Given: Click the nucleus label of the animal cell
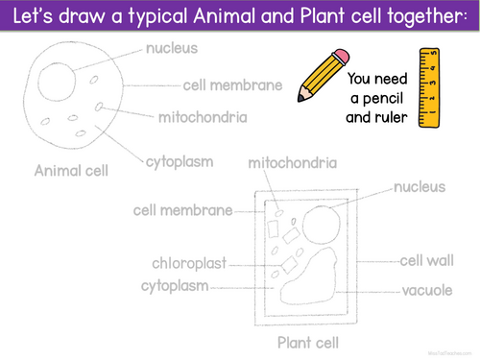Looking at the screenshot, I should coord(171,47).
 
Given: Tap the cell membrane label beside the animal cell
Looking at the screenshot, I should coord(233,85).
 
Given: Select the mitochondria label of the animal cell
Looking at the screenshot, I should coord(203,118).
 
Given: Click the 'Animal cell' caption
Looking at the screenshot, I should coord(71,172).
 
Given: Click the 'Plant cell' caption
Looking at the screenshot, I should coord(308,342).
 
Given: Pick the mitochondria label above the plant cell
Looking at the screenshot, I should coord(292,164).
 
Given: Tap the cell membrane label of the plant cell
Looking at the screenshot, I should coord(182,210).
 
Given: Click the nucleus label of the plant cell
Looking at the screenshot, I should coord(420,186).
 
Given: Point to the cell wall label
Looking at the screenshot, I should coord(427,260).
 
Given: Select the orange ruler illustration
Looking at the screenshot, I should coord(428,87).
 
